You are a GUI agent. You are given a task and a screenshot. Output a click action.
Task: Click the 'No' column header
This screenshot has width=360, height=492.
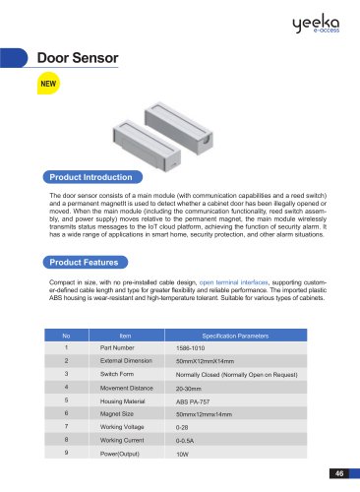click(x=66, y=336)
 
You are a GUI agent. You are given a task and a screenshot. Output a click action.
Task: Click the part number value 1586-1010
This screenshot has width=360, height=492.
click(x=193, y=349)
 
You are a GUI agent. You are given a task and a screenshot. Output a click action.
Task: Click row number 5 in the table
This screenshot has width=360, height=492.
click(x=66, y=401)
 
